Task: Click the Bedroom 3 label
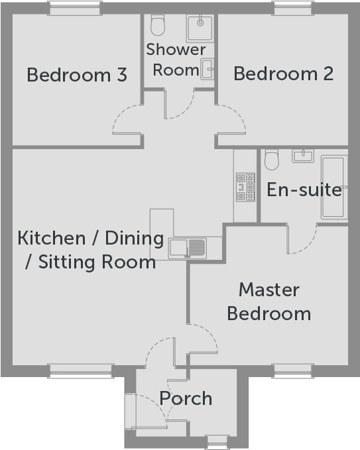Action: tap(77, 75)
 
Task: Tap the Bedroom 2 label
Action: tap(283, 74)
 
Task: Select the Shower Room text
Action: tap(176, 59)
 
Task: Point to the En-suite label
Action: tap(304, 190)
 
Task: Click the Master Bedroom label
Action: tap(269, 301)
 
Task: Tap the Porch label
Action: tap(186, 398)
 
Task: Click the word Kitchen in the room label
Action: tap(49, 238)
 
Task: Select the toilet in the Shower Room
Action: tap(158, 26)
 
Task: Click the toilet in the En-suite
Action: tap(271, 159)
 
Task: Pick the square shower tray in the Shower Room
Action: tap(198, 28)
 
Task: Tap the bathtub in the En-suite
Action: tap(333, 187)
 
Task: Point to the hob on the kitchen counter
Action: tap(245, 187)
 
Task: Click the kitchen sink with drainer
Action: tap(188, 248)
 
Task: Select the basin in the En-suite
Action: tap(303, 156)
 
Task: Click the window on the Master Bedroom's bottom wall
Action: tap(292, 369)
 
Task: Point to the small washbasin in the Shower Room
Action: tap(208, 67)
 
